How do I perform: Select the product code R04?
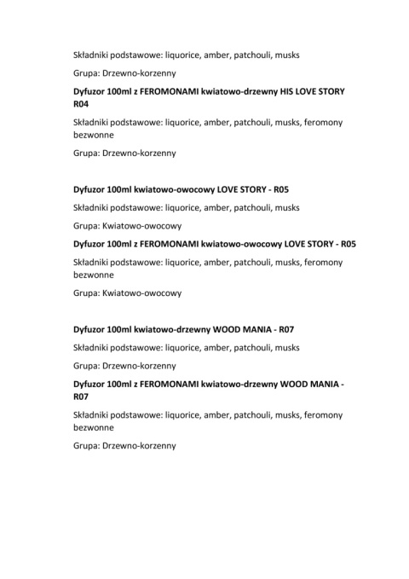(82, 104)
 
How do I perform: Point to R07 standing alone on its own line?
(82, 397)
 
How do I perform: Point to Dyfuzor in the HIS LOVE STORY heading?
(93, 90)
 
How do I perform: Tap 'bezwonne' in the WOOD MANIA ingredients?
(94, 428)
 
